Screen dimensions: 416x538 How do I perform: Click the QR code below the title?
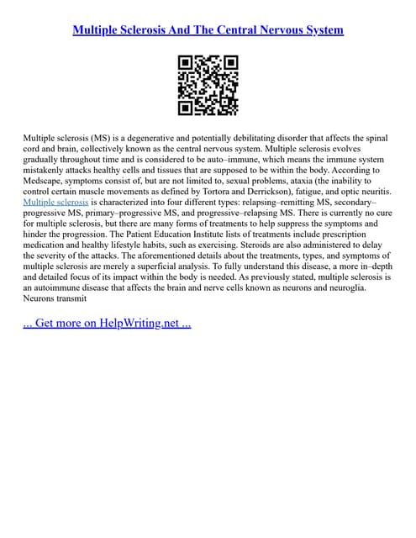[208, 85]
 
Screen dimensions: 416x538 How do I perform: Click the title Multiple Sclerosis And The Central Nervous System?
[208, 30]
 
